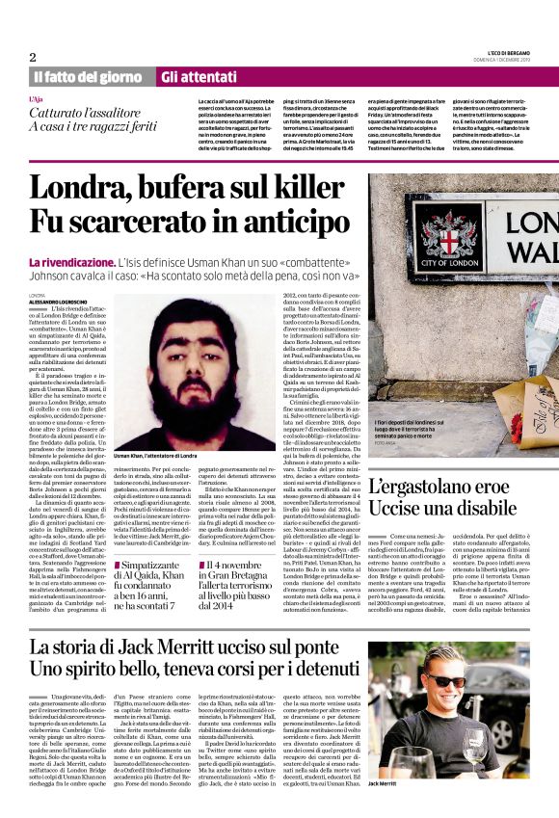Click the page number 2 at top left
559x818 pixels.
[x=32, y=57]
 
